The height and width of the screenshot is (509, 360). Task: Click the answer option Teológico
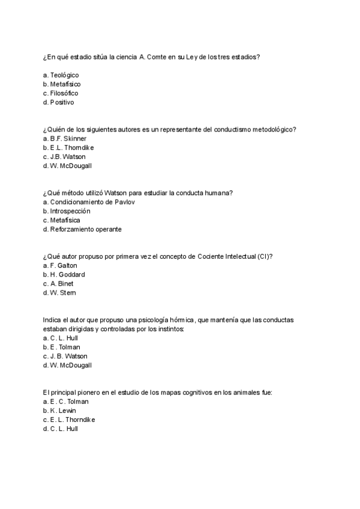[64, 75]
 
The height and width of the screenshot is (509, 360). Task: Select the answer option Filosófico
[64, 93]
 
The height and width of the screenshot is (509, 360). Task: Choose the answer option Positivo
[62, 102]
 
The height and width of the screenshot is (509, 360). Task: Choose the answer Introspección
[70, 211]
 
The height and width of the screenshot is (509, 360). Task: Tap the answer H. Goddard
[67, 274]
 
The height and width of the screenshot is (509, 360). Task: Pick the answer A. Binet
[62, 283]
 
